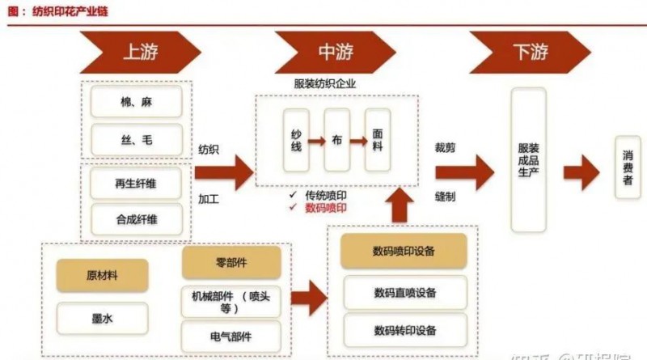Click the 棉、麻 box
coord(136,102)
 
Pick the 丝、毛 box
coord(136,140)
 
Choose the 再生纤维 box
coord(136,184)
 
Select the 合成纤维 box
coord(136,218)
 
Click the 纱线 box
coord(297,140)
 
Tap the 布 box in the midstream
coord(337,140)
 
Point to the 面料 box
coord(378,140)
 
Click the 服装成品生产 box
coord(528,159)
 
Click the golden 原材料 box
coord(102,275)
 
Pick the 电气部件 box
coord(231,337)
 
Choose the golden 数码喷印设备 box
coord(405,252)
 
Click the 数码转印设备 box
coord(405,330)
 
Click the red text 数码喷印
coord(327,208)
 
